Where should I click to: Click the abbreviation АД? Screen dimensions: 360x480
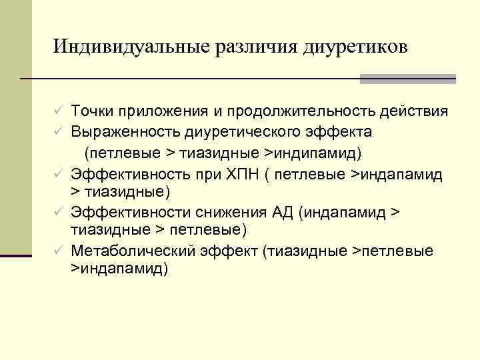(x=283, y=213)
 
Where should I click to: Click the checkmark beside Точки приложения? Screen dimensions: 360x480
(x=59, y=111)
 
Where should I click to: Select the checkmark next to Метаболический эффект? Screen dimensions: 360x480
(x=59, y=251)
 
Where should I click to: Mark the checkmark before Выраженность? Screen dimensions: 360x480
(x=59, y=131)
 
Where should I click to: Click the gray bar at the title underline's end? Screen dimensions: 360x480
(x=407, y=79)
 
